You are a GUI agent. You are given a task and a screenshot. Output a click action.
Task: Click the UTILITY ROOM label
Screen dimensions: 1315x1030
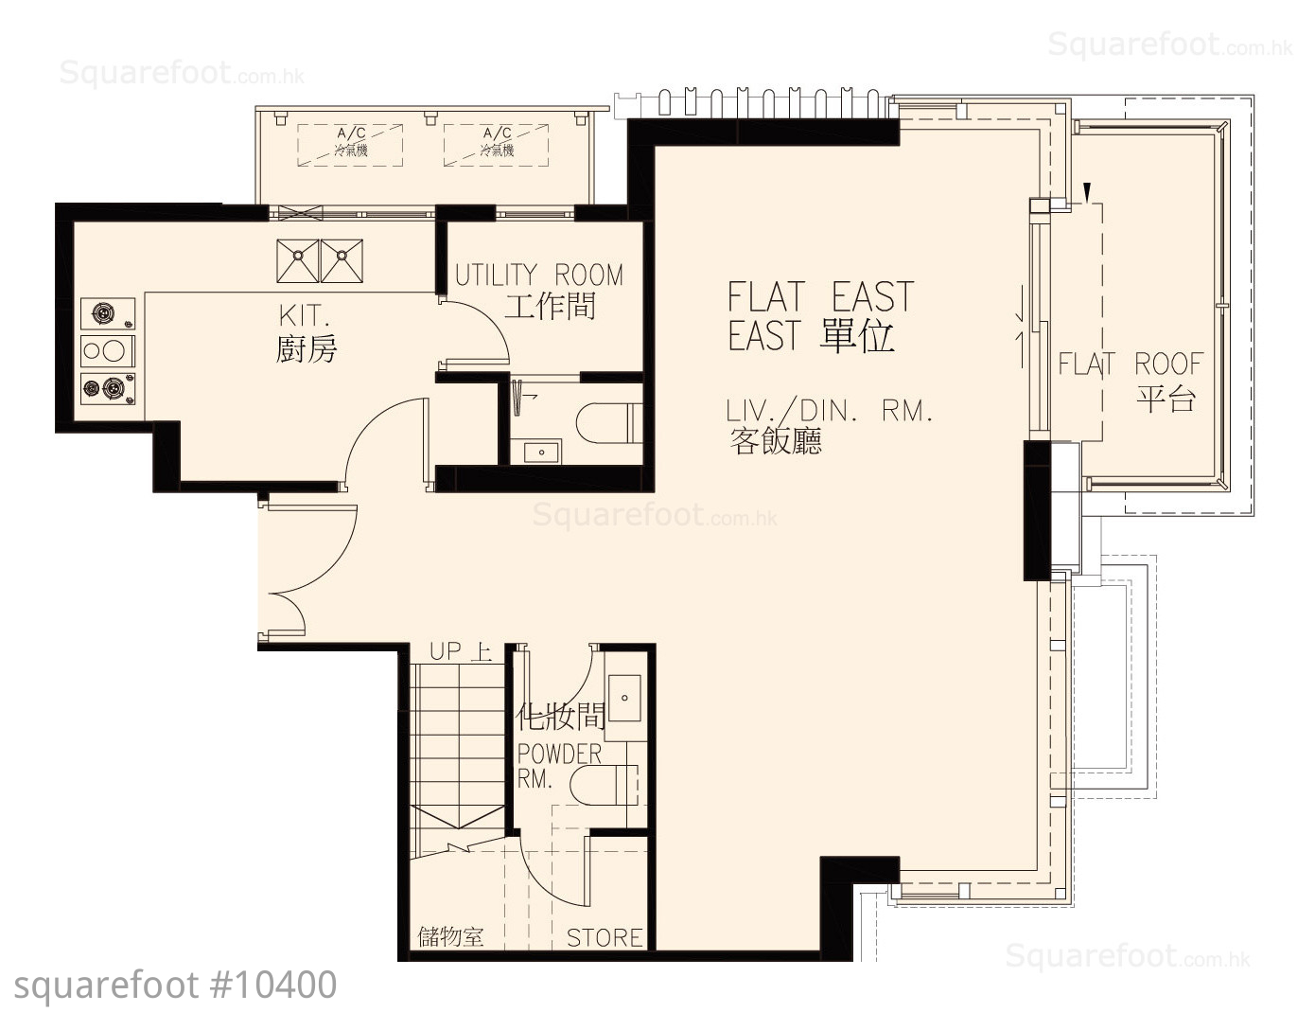538,275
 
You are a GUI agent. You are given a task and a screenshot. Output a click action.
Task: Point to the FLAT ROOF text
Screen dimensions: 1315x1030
1131,364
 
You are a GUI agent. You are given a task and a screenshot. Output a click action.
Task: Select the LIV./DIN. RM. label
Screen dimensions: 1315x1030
829,411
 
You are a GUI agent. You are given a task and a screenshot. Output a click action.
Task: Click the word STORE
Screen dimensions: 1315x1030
604,937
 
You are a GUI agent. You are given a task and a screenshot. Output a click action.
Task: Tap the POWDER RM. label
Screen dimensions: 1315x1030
558,766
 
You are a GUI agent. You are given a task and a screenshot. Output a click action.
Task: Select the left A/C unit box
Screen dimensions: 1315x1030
350,146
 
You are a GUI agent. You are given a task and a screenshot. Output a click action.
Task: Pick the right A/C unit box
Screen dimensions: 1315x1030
497,146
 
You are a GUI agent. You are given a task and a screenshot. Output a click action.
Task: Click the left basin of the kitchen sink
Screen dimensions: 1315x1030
298,261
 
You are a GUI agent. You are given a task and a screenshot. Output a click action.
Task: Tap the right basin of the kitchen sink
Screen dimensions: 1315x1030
342,261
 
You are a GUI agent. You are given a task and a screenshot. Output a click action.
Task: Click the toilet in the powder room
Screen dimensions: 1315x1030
605,785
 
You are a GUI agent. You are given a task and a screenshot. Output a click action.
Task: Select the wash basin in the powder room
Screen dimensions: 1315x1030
623,698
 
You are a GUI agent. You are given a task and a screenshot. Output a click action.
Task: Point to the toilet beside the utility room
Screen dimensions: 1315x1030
609,422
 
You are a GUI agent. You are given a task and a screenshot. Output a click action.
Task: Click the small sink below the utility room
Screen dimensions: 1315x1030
542,452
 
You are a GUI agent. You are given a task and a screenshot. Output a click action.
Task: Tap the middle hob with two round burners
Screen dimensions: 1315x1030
108,351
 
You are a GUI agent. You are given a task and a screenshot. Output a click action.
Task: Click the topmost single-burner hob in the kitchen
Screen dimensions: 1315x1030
108,313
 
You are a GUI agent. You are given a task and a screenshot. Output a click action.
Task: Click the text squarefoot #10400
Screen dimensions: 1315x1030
176,985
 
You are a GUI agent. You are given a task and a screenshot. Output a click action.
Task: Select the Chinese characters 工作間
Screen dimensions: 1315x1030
550,306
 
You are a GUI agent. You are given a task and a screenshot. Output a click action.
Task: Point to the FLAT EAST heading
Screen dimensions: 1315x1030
820,296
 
